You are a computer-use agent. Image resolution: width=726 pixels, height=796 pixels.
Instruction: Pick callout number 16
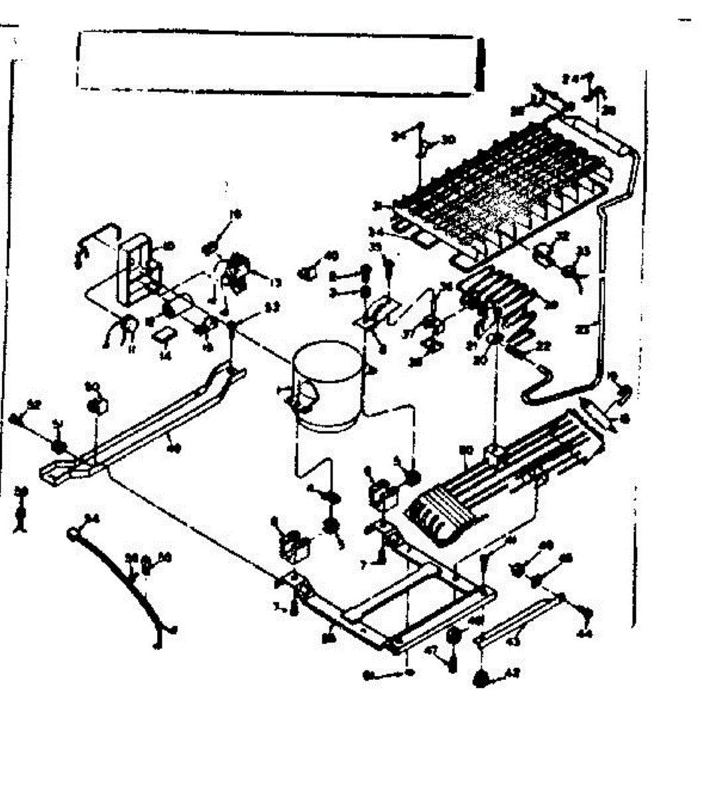[234, 214]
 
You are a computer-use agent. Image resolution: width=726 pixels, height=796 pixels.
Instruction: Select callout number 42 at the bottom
[511, 672]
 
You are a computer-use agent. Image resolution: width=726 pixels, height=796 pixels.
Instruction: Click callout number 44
[585, 633]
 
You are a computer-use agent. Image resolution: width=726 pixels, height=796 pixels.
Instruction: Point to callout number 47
[430, 651]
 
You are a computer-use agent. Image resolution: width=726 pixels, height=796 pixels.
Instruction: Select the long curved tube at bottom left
[119, 577]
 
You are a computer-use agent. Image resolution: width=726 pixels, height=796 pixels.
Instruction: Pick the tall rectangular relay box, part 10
[137, 265]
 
